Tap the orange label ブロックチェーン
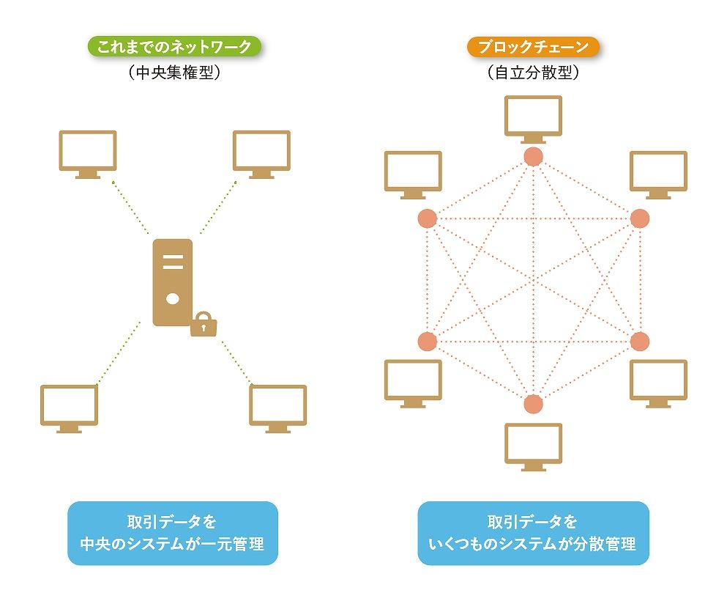(x=532, y=48)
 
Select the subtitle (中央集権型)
(x=174, y=73)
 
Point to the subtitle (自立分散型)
(x=533, y=73)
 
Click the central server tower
(x=173, y=282)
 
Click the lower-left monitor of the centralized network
(x=70, y=407)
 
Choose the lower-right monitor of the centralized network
(x=277, y=407)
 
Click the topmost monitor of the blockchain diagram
(x=534, y=117)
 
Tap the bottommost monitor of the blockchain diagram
(x=534, y=446)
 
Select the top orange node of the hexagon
(x=534, y=156)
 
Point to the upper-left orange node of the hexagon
(x=427, y=218)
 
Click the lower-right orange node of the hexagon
(x=640, y=342)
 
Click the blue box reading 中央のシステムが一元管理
(x=173, y=533)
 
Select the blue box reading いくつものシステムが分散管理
(x=533, y=533)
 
